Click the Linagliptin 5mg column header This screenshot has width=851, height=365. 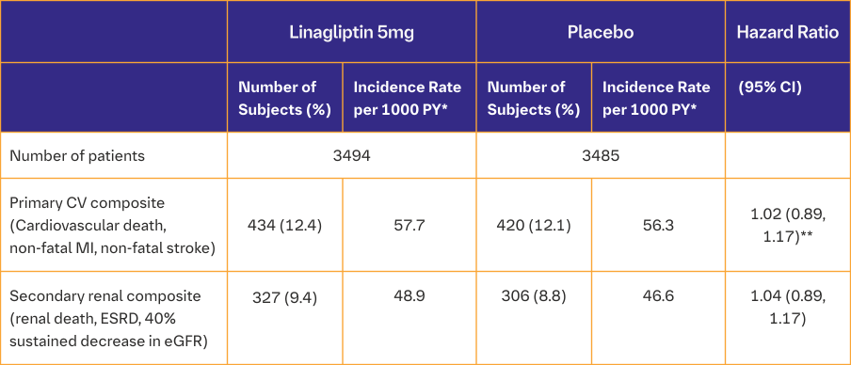(351, 32)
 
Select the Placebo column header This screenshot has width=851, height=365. (600, 32)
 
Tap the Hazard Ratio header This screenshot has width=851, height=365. (788, 32)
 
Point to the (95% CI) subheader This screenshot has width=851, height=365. (770, 87)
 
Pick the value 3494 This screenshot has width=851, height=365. (352, 155)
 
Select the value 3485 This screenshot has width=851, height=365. (601, 155)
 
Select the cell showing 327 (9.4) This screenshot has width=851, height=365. (284, 296)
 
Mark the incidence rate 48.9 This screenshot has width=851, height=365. (408, 296)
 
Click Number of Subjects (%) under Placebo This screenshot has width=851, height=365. (533, 98)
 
